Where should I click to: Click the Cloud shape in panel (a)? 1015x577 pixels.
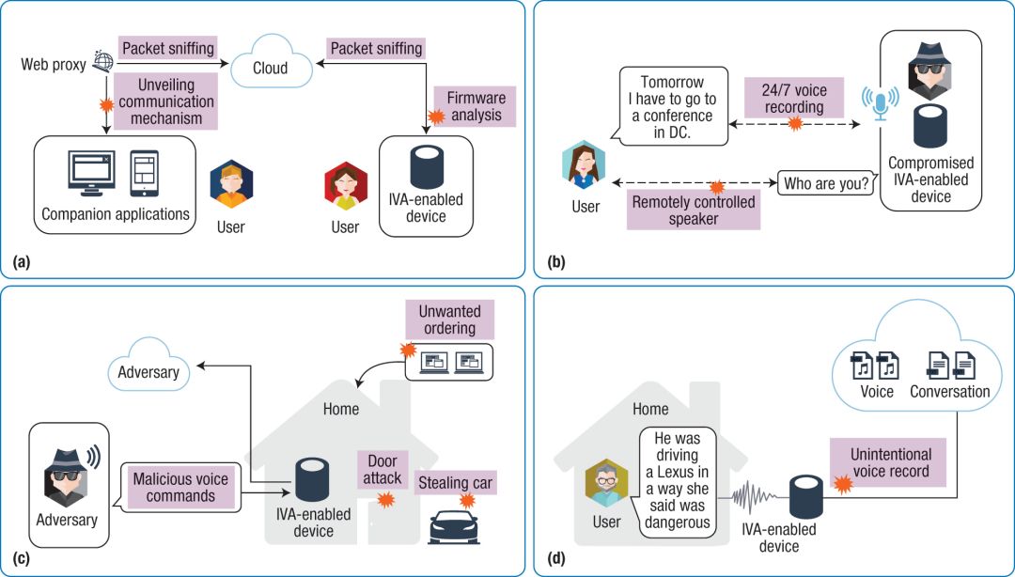(x=270, y=67)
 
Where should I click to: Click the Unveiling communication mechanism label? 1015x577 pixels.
(x=167, y=101)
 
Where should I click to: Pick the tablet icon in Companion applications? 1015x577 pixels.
(x=144, y=173)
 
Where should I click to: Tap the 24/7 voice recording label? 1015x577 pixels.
(x=797, y=99)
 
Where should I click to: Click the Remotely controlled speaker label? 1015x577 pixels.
(x=694, y=210)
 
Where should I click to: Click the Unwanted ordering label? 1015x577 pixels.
(x=449, y=320)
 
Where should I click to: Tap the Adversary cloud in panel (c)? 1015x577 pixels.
(x=148, y=372)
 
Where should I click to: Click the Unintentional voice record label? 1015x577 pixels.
(x=890, y=462)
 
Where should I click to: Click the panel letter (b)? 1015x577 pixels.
(x=555, y=262)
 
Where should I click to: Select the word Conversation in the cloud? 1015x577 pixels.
(x=949, y=391)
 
